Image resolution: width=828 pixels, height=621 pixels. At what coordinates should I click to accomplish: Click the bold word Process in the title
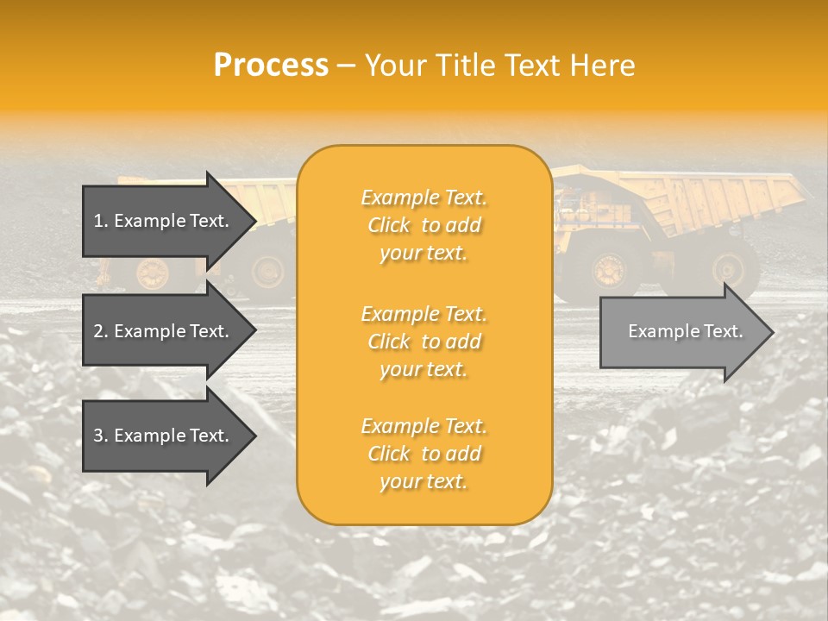pos(271,66)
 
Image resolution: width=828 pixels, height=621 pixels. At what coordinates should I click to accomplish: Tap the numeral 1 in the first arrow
pos(98,221)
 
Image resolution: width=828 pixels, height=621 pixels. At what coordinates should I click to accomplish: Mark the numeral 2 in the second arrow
pos(98,331)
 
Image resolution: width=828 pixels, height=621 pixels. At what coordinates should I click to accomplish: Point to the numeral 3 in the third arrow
pos(98,436)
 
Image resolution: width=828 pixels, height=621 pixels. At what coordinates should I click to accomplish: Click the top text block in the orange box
pos(423,225)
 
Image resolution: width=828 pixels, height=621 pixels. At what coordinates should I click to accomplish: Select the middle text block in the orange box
pos(423,342)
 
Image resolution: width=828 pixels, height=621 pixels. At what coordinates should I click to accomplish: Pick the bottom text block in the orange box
pos(423,454)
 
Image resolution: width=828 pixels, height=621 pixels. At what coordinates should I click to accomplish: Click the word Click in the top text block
pos(389,225)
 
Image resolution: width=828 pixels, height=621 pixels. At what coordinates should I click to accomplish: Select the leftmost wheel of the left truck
pos(154,273)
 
